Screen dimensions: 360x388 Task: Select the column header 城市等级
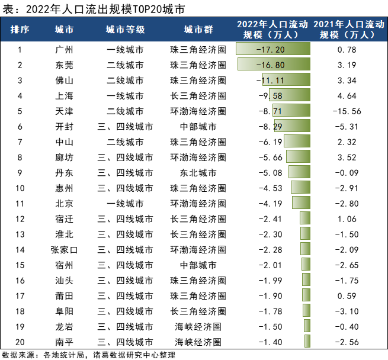click(125, 30)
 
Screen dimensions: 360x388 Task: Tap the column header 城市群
click(198, 30)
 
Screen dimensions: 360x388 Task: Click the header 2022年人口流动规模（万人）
click(273, 30)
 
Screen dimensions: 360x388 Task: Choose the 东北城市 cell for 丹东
click(198, 172)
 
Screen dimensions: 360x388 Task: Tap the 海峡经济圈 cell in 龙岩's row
click(198, 326)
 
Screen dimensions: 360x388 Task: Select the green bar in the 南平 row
click(307, 342)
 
